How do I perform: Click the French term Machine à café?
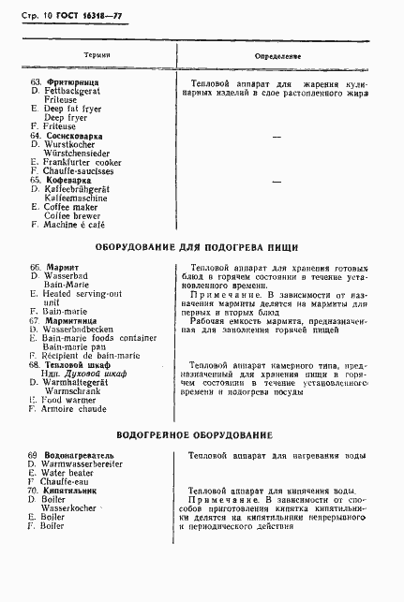[x=83, y=225]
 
